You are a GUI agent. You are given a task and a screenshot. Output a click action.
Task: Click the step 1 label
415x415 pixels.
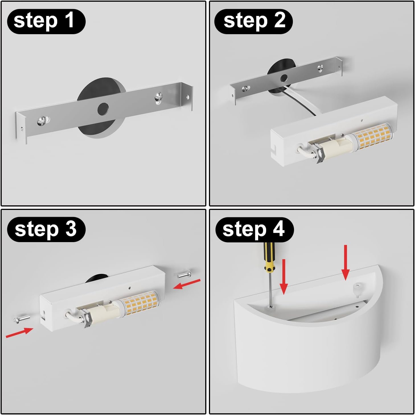point(46,21)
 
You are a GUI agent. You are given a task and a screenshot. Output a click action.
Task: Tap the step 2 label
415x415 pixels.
point(254,21)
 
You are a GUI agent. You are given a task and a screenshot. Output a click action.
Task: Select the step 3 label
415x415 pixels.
point(46,229)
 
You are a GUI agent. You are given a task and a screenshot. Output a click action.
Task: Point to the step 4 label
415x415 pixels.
point(254,230)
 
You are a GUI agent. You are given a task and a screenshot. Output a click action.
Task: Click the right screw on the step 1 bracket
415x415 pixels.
point(159,98)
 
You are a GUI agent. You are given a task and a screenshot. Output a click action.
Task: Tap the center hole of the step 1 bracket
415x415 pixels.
point(103,109)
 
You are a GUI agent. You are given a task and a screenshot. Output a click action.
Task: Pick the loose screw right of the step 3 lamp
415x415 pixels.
point(184,274)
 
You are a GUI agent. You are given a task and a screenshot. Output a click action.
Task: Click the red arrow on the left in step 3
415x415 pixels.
point(19,332)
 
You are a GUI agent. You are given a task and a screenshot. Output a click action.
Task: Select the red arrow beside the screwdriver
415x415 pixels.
point(283,277)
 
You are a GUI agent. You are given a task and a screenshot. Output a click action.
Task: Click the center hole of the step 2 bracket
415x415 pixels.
point(283,78)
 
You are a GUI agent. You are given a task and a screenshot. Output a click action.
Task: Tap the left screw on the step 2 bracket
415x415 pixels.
point(246,88)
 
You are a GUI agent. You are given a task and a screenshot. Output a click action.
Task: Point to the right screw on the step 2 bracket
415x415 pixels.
point(320,68)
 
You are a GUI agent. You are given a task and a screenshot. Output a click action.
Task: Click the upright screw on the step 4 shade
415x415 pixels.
point(357,289)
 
